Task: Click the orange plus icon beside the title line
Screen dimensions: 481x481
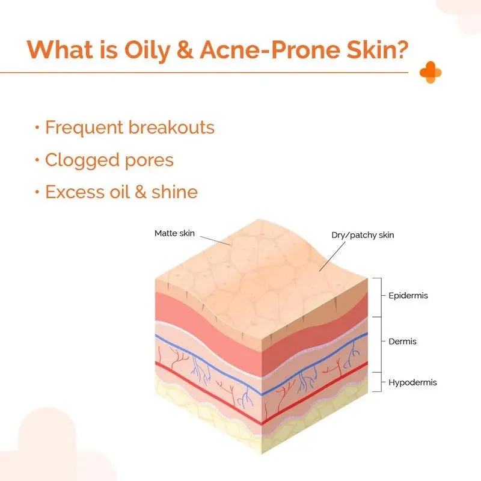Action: (430, 73)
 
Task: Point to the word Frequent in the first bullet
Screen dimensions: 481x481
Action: (84, 128)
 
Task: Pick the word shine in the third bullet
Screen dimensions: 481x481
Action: (174, 192)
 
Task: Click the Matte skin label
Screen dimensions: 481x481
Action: (175, 233)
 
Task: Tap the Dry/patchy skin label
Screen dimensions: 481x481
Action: (363, 235)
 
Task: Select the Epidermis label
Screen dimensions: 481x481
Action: (408, 296)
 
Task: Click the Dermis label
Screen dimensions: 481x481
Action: (403, 342)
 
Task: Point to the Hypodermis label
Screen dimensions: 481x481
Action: (412, 382)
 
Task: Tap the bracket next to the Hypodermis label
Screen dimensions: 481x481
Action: (378, 382)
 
